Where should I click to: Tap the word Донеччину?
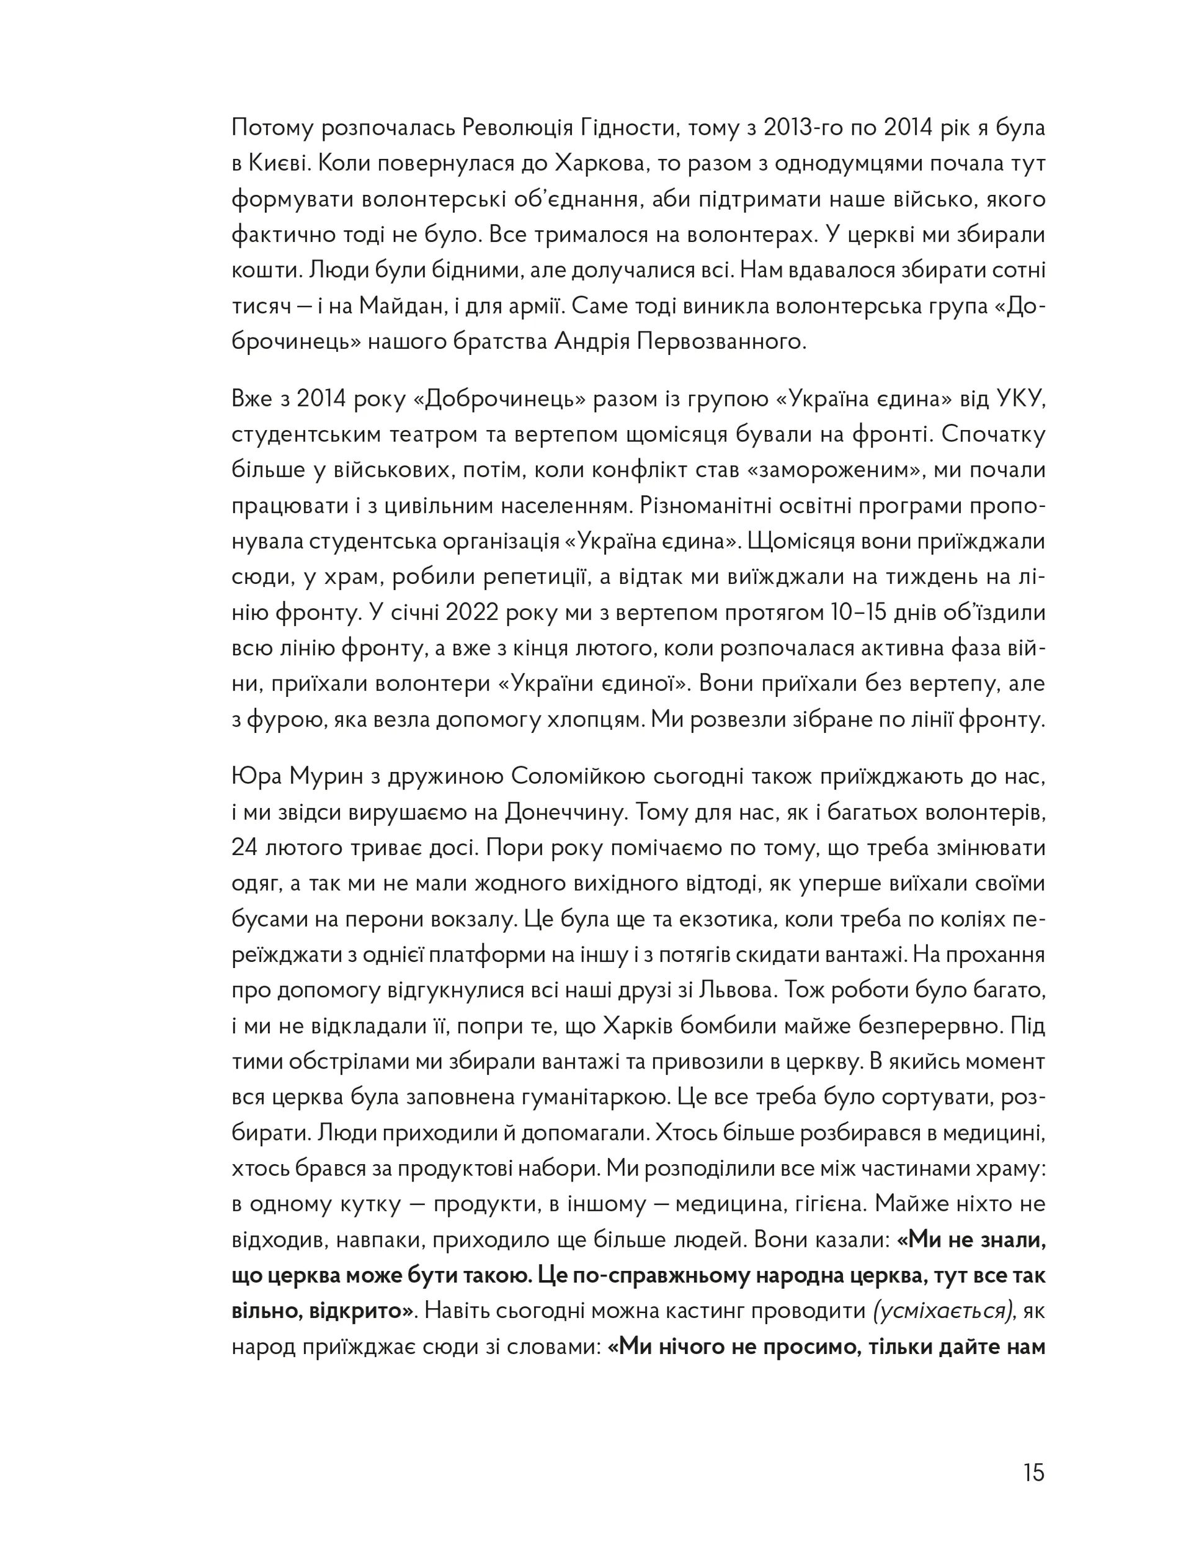[566, 812]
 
